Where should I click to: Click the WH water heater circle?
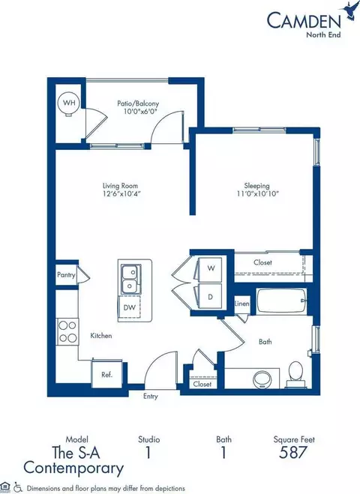[x=68, y=103]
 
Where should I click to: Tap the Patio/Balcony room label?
[x=138, y=103]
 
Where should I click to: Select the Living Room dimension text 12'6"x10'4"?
[x=120, y=193]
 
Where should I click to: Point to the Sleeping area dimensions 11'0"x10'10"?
[x=257, y=193]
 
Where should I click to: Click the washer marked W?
[x=209, y=268]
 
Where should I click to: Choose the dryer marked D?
[x=209, y=297]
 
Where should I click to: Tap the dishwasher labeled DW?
[x=129, y=307]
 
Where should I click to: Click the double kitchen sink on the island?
[x=130, y=279]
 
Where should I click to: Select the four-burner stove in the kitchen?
[x=67, y=331]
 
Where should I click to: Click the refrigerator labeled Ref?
[x=106, y=375]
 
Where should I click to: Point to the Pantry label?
[x=66, y=274]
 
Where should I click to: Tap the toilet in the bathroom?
[x=295, y=374]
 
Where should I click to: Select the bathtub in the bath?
[x=281, y=301]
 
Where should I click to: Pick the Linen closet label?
[x=241, y=304]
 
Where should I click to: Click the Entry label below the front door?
[x=150, y=397]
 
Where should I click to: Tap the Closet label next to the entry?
[x=202, y=384]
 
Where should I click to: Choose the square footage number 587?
[x=292, y=452]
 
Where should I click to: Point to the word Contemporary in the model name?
[x=73, y=469]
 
